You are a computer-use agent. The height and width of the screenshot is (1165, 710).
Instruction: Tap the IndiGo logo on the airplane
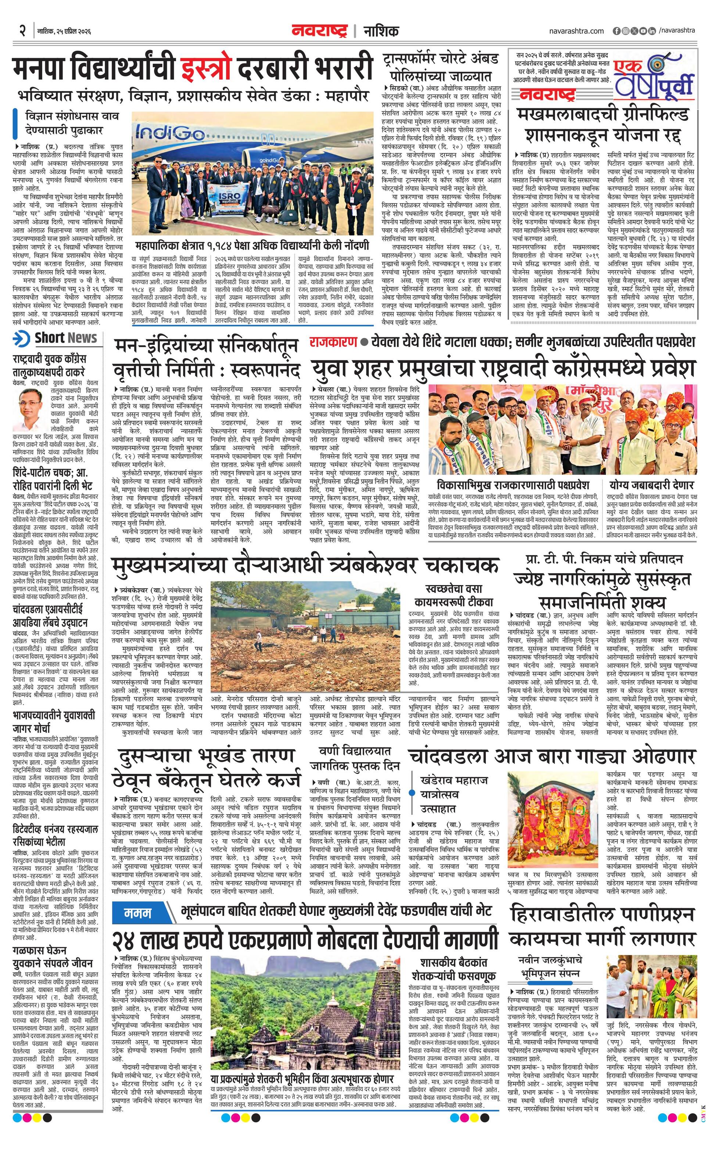[x=169, y=132]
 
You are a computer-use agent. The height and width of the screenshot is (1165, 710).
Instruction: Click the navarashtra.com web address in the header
[x=576, y=31]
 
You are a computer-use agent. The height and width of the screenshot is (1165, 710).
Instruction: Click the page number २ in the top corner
[x=22, y=31]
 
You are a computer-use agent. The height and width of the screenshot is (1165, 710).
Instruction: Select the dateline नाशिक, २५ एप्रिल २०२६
[x=64, y=32]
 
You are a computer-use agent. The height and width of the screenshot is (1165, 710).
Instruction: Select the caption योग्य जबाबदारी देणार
[x=651, y=486]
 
